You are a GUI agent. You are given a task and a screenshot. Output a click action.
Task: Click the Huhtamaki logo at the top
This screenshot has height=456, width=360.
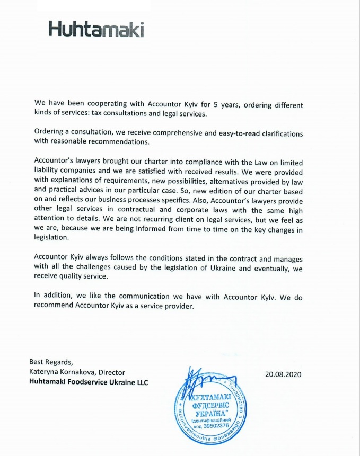coord(96,29)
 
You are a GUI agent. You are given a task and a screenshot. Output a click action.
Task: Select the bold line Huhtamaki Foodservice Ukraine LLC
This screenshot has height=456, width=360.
coord(89,382)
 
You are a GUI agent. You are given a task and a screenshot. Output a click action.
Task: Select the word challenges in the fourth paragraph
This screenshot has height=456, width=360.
coord(96,268)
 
